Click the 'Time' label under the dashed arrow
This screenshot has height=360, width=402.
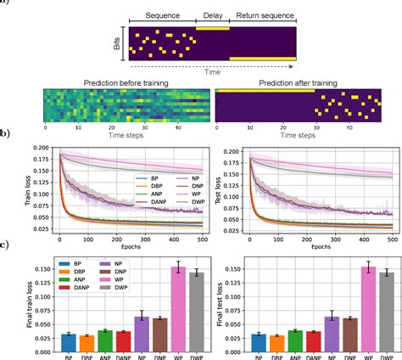pyautogui.click(x=210, y=73)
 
